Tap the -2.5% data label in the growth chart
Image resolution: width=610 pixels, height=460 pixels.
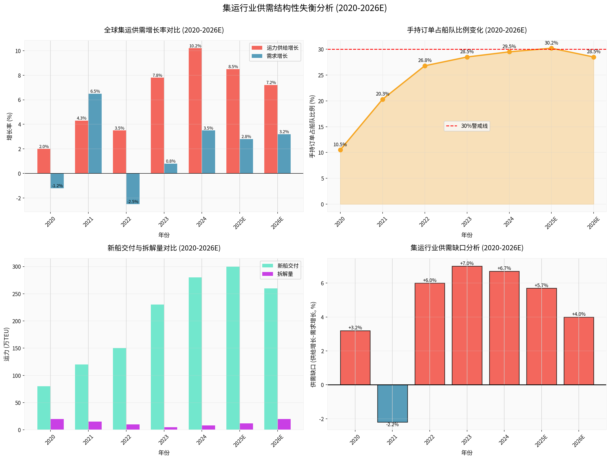pyautogui.click(x=133, y=202)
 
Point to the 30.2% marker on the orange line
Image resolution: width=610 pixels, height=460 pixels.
pyautogui.click(x=551, y=48)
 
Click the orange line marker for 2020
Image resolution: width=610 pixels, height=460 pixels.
pyautogui.click(x=340, y=150)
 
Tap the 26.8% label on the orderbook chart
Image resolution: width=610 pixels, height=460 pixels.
pyautogui.click(x=425, y=60)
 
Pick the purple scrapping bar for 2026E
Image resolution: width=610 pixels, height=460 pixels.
pyautogui.click(x=284, y=424)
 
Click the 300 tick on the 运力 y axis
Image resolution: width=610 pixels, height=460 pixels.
pyautogui.click(x=17, y=267)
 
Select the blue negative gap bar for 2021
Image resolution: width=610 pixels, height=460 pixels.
pyautogui.click(x=392, y=403)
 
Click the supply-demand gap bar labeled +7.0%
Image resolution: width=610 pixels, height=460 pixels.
pyautogui.click(x=467, y=326)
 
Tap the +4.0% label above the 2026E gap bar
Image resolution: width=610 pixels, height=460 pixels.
pyautogui.click(x=579, y=314)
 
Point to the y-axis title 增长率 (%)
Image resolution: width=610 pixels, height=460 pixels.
pyautogui.click(x=10, y=126)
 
